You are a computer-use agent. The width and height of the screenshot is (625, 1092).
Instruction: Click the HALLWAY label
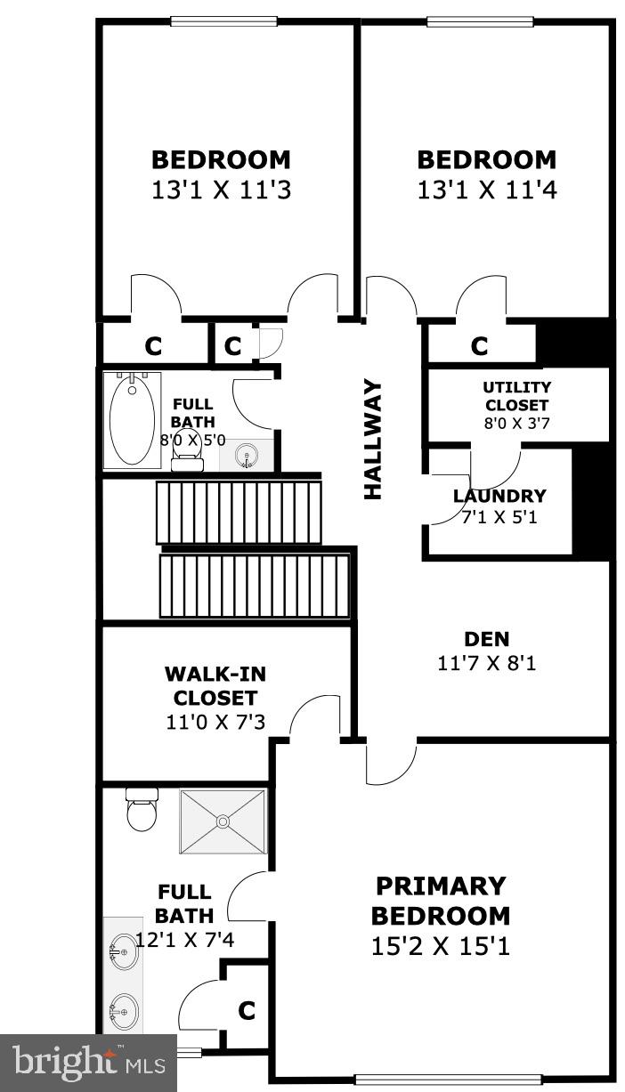coord(373,440)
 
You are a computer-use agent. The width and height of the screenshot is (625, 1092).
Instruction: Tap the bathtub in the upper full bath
coord(132,419)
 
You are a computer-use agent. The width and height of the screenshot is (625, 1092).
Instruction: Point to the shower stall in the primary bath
coord(223,821)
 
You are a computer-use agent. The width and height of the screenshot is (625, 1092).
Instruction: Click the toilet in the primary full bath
coord(142,810)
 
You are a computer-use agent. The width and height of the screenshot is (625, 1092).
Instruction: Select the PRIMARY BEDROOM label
coord(440,901)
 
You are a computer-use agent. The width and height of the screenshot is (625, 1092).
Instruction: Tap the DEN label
coord(486,638)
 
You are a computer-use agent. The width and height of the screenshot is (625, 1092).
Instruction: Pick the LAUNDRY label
coord(499,497)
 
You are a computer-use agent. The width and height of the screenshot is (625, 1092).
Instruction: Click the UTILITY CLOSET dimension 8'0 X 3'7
coord(516,425)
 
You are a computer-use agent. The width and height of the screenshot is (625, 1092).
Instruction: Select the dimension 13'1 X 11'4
coord(486,190)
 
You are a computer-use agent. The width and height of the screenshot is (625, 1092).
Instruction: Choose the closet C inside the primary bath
coord(246,1010)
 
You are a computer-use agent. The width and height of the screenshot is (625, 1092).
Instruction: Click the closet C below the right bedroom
coord(479,345)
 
